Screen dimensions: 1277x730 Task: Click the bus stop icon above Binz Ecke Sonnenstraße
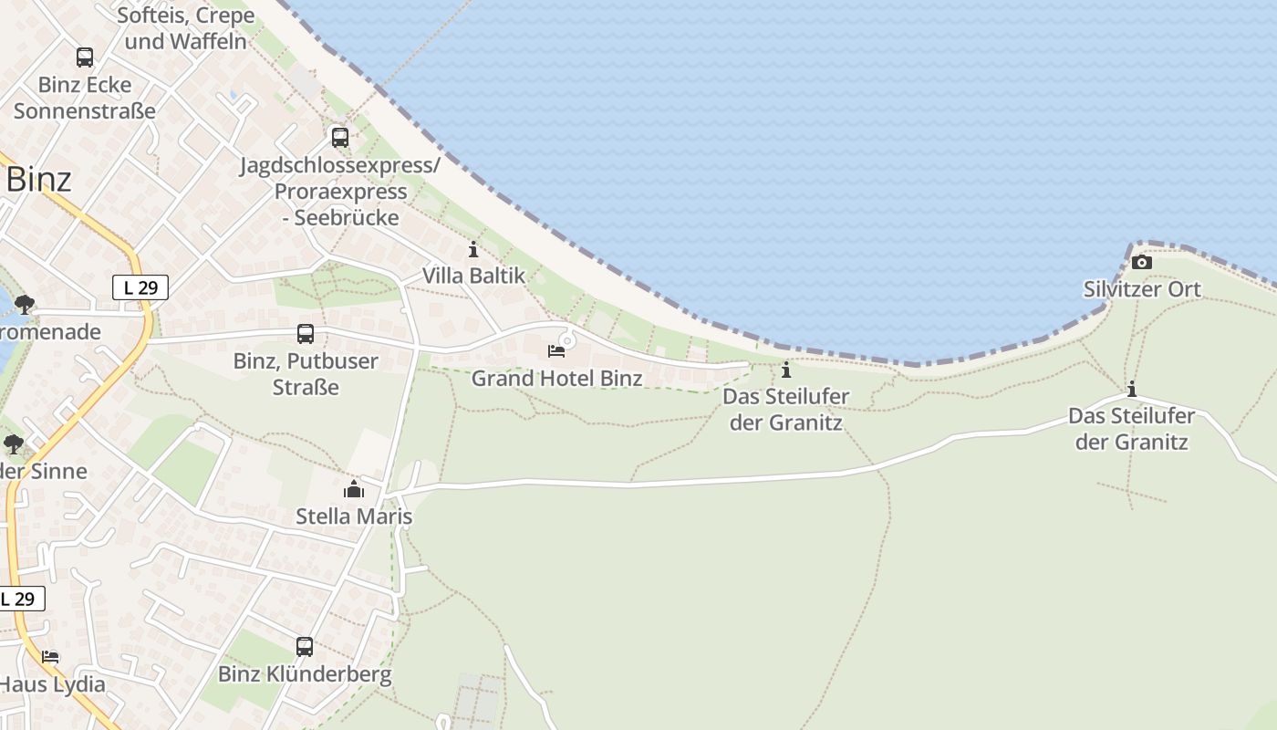click(85, 57)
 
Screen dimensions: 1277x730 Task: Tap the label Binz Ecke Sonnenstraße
click(85, 99)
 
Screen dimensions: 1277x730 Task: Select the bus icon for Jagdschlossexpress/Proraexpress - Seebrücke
click(340, 138)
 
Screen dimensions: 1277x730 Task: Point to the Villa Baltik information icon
click(472, 249)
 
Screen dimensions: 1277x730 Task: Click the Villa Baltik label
click(473, 276)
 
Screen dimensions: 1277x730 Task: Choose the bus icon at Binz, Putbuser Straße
click(306, 334)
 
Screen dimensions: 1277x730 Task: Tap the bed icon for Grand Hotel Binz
click(555, 351)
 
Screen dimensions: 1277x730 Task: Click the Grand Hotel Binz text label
click(556, 378)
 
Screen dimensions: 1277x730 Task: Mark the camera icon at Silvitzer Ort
click(1141, 263)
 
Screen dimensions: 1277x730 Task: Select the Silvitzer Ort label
click(1142, 289)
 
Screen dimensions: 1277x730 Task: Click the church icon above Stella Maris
click(354, 490)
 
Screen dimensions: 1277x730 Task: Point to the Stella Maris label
click(354, 516)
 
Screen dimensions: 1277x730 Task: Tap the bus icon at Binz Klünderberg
click(305, 647)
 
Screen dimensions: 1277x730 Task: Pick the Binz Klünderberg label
click(305, 674)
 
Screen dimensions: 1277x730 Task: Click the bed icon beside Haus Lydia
click(50, 657)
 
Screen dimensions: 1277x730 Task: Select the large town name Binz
click(38, 180)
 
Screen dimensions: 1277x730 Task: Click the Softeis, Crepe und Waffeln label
click(186, 28)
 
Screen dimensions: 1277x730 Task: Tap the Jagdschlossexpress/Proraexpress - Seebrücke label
click(340, 192)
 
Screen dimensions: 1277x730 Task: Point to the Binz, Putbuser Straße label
click(306, 373)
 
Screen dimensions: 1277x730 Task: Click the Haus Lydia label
click(52, 683)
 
